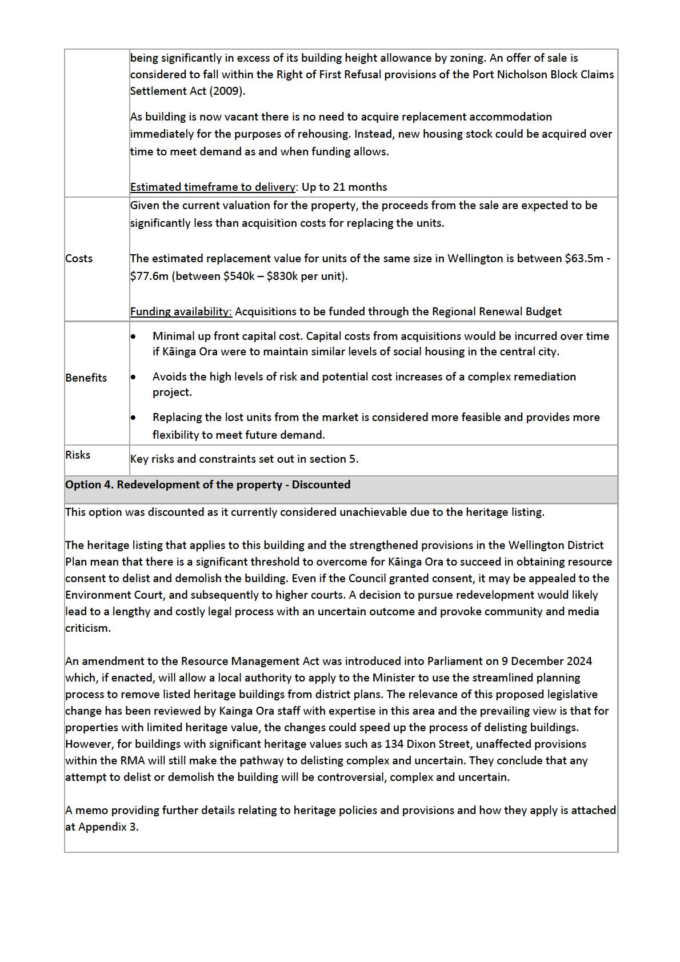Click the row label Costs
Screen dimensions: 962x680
tap(79, 259)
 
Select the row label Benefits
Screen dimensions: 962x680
tap(86, 378)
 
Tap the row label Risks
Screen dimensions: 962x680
tap(78, 455)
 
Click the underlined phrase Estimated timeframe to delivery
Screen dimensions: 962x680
tap(213, 187)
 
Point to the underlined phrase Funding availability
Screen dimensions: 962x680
tap(181, 312)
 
